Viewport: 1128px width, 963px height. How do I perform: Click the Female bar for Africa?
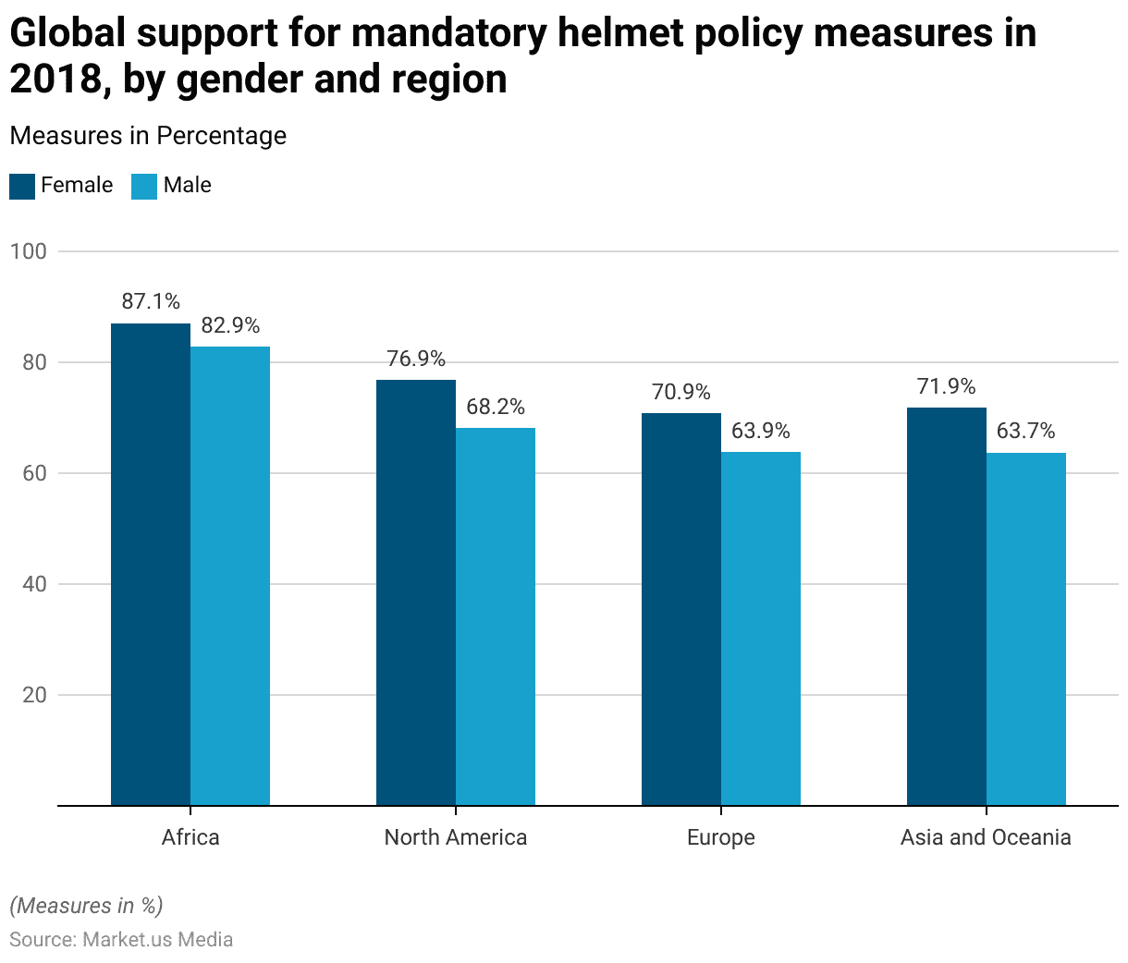point(151,564)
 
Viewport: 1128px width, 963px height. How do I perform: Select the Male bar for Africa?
point(230,576)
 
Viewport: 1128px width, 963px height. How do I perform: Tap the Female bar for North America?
point(416,592)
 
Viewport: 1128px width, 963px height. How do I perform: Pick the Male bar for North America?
point(496,616)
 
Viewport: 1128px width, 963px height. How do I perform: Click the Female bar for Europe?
point(681,609)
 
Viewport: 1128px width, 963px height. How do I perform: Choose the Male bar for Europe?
point(761,628)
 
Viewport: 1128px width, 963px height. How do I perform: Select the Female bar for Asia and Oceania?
point(947,606)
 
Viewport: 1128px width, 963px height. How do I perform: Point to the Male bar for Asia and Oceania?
point(1026,629)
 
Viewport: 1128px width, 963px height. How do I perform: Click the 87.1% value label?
point(151,301)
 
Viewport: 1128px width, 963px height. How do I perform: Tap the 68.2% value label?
point(496,407)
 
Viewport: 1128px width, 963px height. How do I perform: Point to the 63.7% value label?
point(1026,431)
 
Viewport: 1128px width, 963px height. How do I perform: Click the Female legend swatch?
point(22,186)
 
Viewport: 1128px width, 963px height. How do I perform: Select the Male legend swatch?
point(144,186)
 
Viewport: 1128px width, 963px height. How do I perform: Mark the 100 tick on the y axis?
point(29,251)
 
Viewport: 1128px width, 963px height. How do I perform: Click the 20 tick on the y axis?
point(35,695)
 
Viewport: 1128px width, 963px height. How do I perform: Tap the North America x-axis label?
point(456,837)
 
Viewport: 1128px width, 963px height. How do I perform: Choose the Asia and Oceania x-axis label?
point(986,837)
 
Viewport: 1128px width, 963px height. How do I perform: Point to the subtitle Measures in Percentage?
point(148,136)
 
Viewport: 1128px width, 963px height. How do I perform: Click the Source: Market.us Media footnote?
point(121,940)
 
